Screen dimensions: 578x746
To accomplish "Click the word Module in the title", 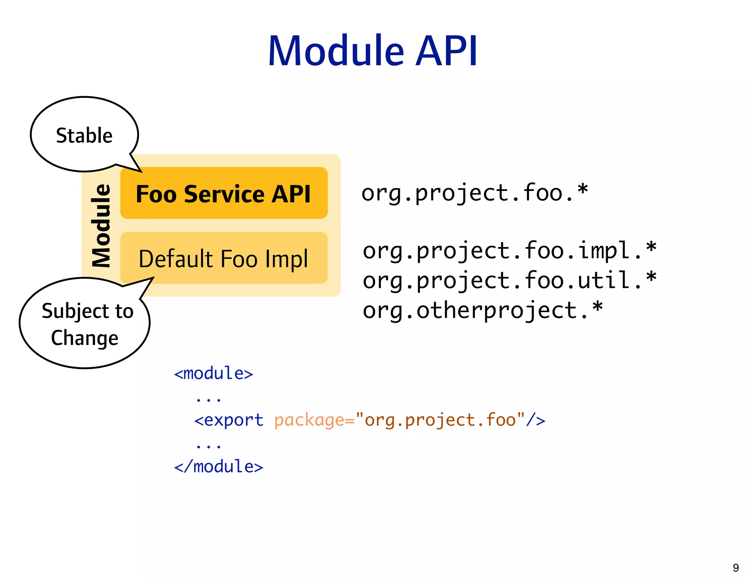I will (x=336, y=51).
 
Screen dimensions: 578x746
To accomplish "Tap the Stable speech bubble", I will (x=84, y=135).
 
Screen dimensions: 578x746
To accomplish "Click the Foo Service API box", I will (x=223, y=193).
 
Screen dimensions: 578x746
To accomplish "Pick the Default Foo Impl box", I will (x=223, y=258).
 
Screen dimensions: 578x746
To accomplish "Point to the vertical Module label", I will (x=101, y=225).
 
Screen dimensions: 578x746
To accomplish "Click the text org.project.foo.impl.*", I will (x=509, y=251).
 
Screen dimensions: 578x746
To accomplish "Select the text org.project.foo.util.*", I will (x=509, y=280).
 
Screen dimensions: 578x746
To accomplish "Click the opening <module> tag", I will (x=213, y=374).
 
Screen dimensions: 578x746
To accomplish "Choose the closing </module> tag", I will (x=219, y=467).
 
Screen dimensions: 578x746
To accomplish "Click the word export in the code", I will (x=233, y=420).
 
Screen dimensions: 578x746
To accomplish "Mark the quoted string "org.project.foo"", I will (x=440, y=420).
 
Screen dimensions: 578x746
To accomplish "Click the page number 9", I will (x=735, y=567).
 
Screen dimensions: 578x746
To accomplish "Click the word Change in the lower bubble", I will (x=85, y=338).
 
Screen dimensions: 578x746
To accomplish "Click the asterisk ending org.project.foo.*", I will (x=582, y=190).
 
